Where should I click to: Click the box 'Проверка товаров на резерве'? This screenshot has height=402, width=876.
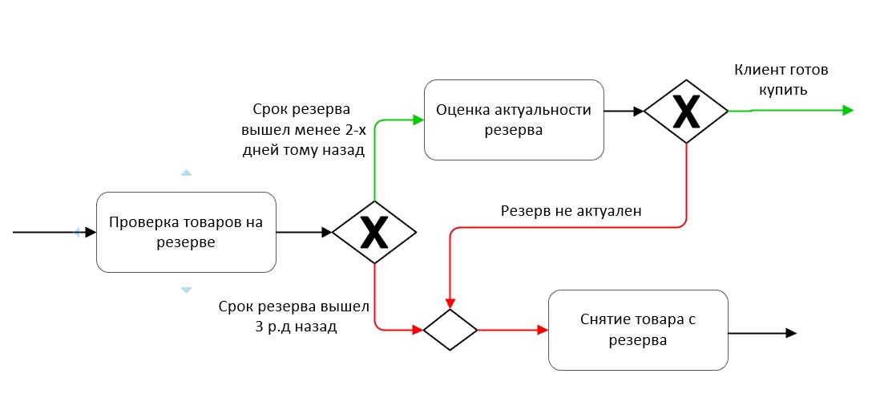(x=186, y=232)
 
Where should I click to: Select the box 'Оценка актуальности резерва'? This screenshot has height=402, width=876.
(x=514, y=120)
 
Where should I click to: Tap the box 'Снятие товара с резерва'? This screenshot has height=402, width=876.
(x=637, y=330)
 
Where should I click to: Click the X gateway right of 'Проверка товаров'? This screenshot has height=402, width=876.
(x=374, y=233)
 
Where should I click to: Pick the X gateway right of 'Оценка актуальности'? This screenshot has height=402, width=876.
(x=686, y=112)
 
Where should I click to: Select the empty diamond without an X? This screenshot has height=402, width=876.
(x=450, y=330)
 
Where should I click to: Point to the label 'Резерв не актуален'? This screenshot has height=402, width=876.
(x=571, y=211)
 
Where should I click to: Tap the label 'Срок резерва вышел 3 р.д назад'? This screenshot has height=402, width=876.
(x=294, y=316)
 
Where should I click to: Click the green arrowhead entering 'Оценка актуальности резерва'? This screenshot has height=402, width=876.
(x=418, y=120)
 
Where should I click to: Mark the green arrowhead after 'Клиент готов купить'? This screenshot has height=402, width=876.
(x=848, y=111)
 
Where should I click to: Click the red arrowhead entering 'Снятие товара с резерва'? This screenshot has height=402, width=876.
(x=543, y=330)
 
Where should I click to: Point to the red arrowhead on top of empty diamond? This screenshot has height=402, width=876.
(x=450, y=303)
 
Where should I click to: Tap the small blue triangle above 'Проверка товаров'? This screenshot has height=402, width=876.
(x=186, y=173)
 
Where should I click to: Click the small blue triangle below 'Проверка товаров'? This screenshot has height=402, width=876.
(x=186, y=290)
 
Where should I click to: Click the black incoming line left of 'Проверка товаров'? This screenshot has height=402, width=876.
(x=44, y=233)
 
